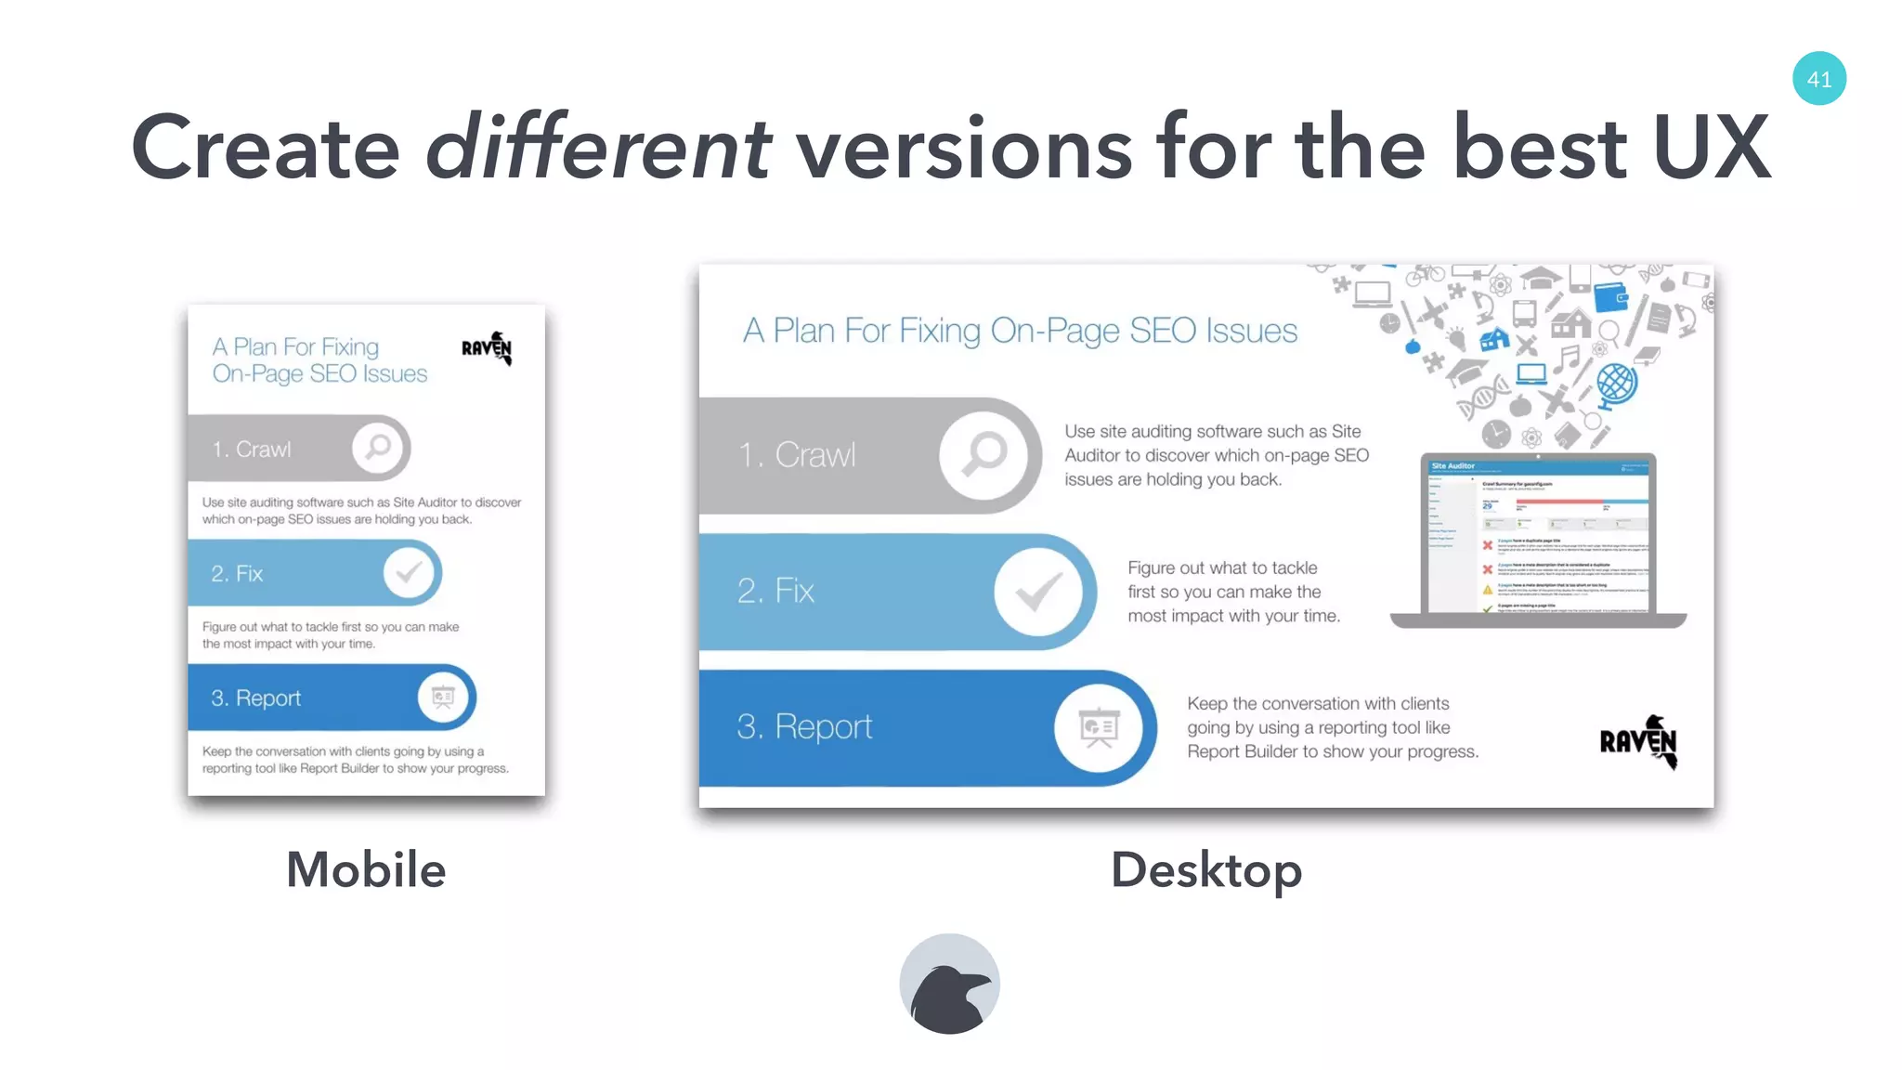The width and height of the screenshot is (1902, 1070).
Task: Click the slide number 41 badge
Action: tap(1818, 79)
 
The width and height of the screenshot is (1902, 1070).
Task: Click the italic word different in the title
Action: tap(597, 148)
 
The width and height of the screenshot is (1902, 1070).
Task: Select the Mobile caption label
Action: tap(366, 870)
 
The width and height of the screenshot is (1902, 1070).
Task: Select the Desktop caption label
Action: tap(1205, 870)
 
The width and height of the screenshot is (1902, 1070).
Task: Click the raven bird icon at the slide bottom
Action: tap(949, 985)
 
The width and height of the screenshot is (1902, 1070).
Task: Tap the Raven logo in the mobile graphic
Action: tap(488, 348)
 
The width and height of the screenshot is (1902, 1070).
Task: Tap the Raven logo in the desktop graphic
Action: tap(1639, 741)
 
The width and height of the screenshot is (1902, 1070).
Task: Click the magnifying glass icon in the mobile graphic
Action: tap(379, 448)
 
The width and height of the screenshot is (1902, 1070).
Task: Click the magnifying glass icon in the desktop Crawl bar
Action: tap(984, 455)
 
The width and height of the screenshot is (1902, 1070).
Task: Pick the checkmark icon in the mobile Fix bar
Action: tap(409, 572)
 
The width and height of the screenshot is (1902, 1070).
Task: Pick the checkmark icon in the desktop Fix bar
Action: tap(1038, 592)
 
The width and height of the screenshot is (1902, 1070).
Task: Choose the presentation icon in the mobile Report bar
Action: tap(443, 697)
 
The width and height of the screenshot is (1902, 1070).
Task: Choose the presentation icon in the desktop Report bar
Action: tap(1099, 727)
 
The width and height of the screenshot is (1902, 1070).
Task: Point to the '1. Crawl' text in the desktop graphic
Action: tap(797, 455)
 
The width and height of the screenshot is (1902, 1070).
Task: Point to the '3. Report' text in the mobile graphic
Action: tap(255, 698)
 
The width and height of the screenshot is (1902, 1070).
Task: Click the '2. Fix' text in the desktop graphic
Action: tap(775, 591)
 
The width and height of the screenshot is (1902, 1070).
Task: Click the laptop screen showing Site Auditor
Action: tap(1539, 536)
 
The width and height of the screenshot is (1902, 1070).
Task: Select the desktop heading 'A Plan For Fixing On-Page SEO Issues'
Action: tap(1020, 331)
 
